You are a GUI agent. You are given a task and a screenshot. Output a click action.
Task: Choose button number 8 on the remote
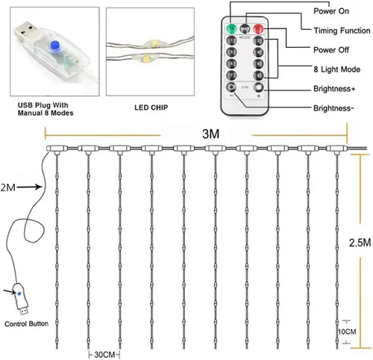[x=257, y=76]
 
